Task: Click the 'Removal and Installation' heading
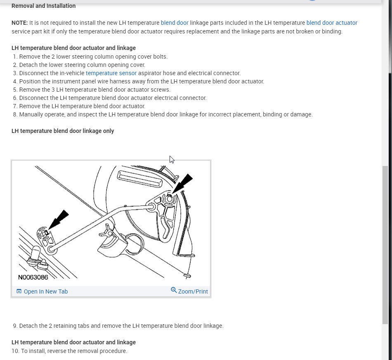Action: pyautogui.click(x=43, y=6)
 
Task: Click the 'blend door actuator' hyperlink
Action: pyautogui.click(x=332, y=23)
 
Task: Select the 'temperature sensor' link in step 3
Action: pyautogui.click(x=111, y=73)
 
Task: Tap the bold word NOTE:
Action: pyautogui.click(x=20, y=23)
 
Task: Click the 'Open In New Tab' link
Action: pyautogui.click(x=45, y=291)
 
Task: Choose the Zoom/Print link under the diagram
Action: pyautogui.click(x=193, y=291)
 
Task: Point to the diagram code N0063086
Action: pyautogui.click(x=33, y=277)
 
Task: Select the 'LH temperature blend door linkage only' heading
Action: pyautogui.click(x=63, y=131)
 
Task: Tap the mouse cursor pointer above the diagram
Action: pyautogui.click(x=172, y=159)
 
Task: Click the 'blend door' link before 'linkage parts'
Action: pyautogui.click(x=175, y=23)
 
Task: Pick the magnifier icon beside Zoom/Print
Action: pyautogui.click(x=174, y=290)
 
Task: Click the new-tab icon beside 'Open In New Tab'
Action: pyautogui.click(x=19, y=291)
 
